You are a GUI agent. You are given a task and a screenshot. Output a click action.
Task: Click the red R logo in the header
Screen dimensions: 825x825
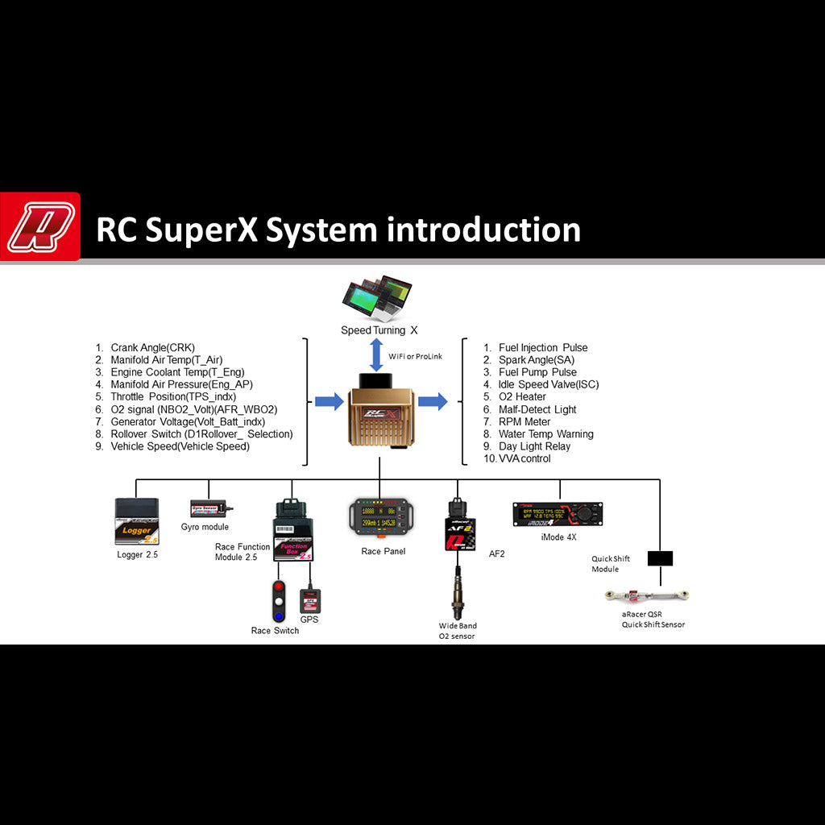coord(40,226)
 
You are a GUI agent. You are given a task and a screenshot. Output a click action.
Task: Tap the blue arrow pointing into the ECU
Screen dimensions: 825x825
coord(329,401)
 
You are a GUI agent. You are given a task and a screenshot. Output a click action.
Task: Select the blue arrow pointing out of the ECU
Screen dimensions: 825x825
coord(433,401)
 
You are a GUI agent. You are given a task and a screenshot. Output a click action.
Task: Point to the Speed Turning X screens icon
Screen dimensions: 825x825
coord(377,299)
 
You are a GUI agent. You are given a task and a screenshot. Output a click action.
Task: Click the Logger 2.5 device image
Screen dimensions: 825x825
coord(137,522)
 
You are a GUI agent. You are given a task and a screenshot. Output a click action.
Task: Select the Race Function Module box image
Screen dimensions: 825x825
coord(293,532)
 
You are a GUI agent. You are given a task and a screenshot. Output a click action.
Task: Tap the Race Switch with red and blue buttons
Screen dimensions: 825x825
coord(279,601)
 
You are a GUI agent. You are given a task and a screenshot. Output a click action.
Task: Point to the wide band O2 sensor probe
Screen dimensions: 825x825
coord(458,591)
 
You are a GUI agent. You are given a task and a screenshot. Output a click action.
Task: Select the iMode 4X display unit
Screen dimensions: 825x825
coord(558,514)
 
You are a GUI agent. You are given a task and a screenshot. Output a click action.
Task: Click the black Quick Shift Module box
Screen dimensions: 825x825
coord(660,558)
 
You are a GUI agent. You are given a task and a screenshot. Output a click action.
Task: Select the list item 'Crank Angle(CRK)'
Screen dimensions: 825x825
coord(152,348)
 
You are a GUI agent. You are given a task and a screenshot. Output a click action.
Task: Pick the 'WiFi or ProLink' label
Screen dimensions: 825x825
coord(416,356)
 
